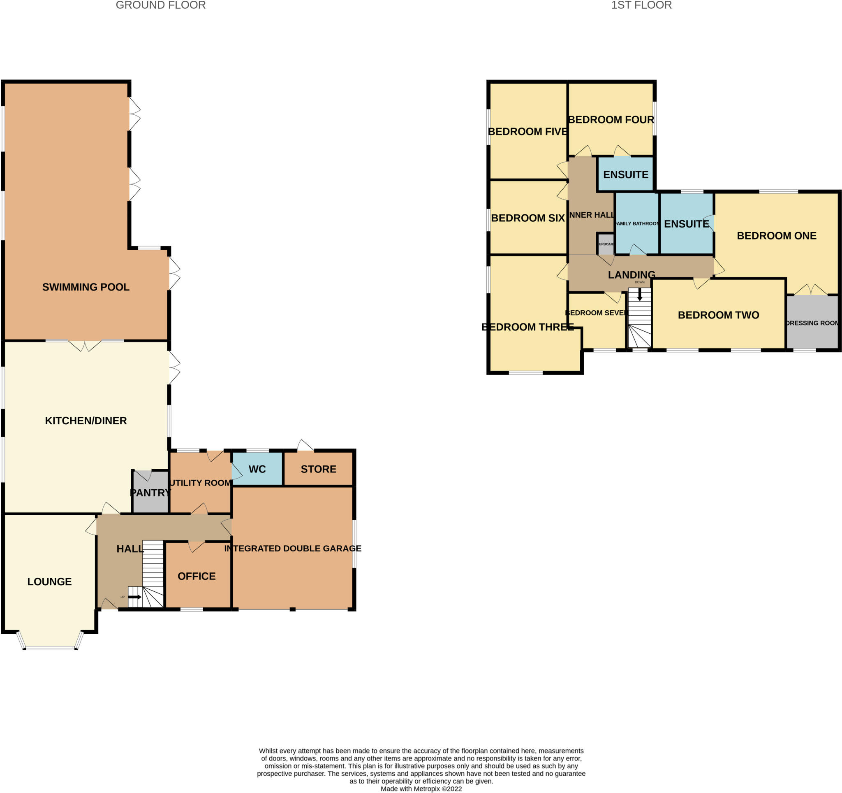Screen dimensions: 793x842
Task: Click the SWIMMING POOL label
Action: pos(86,287)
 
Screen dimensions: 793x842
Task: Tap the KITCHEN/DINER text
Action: pos(86,421)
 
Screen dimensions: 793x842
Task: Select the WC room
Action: pos(257,469)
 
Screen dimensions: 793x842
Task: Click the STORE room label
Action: pos(319,469)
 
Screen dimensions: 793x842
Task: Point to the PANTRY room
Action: pos(150,493)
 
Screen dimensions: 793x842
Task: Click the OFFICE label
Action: pos(197,576)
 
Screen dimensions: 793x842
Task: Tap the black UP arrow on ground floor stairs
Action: pos(135,597)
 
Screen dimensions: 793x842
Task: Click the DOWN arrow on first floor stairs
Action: pos(640,294)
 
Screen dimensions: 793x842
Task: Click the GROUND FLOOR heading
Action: pos(160,5)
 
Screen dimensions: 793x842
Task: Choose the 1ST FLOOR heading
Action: pos(641,5)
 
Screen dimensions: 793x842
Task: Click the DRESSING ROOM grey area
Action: pos(812,323)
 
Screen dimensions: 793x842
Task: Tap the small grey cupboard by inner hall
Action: pos(606,244)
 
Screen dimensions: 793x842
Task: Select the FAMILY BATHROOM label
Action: pos(637,223)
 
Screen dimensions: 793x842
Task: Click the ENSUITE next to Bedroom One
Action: pos(686,224)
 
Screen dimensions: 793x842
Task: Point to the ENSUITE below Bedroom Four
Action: pos(626,174)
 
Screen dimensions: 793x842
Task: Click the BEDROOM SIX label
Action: pos(528,218)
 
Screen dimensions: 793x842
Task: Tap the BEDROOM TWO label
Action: pos(718,315)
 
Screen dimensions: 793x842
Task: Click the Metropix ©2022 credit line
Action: pos(421,789)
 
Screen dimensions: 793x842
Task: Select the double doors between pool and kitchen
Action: pos(85,346)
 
